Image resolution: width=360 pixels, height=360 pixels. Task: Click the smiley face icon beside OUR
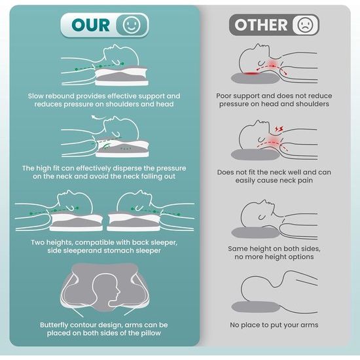132,25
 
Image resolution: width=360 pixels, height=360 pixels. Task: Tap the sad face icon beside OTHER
305,25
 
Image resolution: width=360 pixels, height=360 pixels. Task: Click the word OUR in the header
90,25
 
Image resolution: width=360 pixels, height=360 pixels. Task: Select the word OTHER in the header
261,25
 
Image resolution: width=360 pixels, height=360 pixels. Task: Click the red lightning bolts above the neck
279,129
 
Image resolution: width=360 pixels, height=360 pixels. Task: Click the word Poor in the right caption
223,96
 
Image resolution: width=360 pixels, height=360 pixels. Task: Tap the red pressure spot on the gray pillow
252,73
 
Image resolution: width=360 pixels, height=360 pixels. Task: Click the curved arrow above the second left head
98,118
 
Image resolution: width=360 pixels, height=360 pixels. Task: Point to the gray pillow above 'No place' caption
255,307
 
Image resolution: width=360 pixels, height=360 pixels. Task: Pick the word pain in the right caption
305,181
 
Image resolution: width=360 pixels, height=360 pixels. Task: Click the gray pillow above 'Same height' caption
255,232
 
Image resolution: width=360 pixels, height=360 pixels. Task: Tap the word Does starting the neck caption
225,172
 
